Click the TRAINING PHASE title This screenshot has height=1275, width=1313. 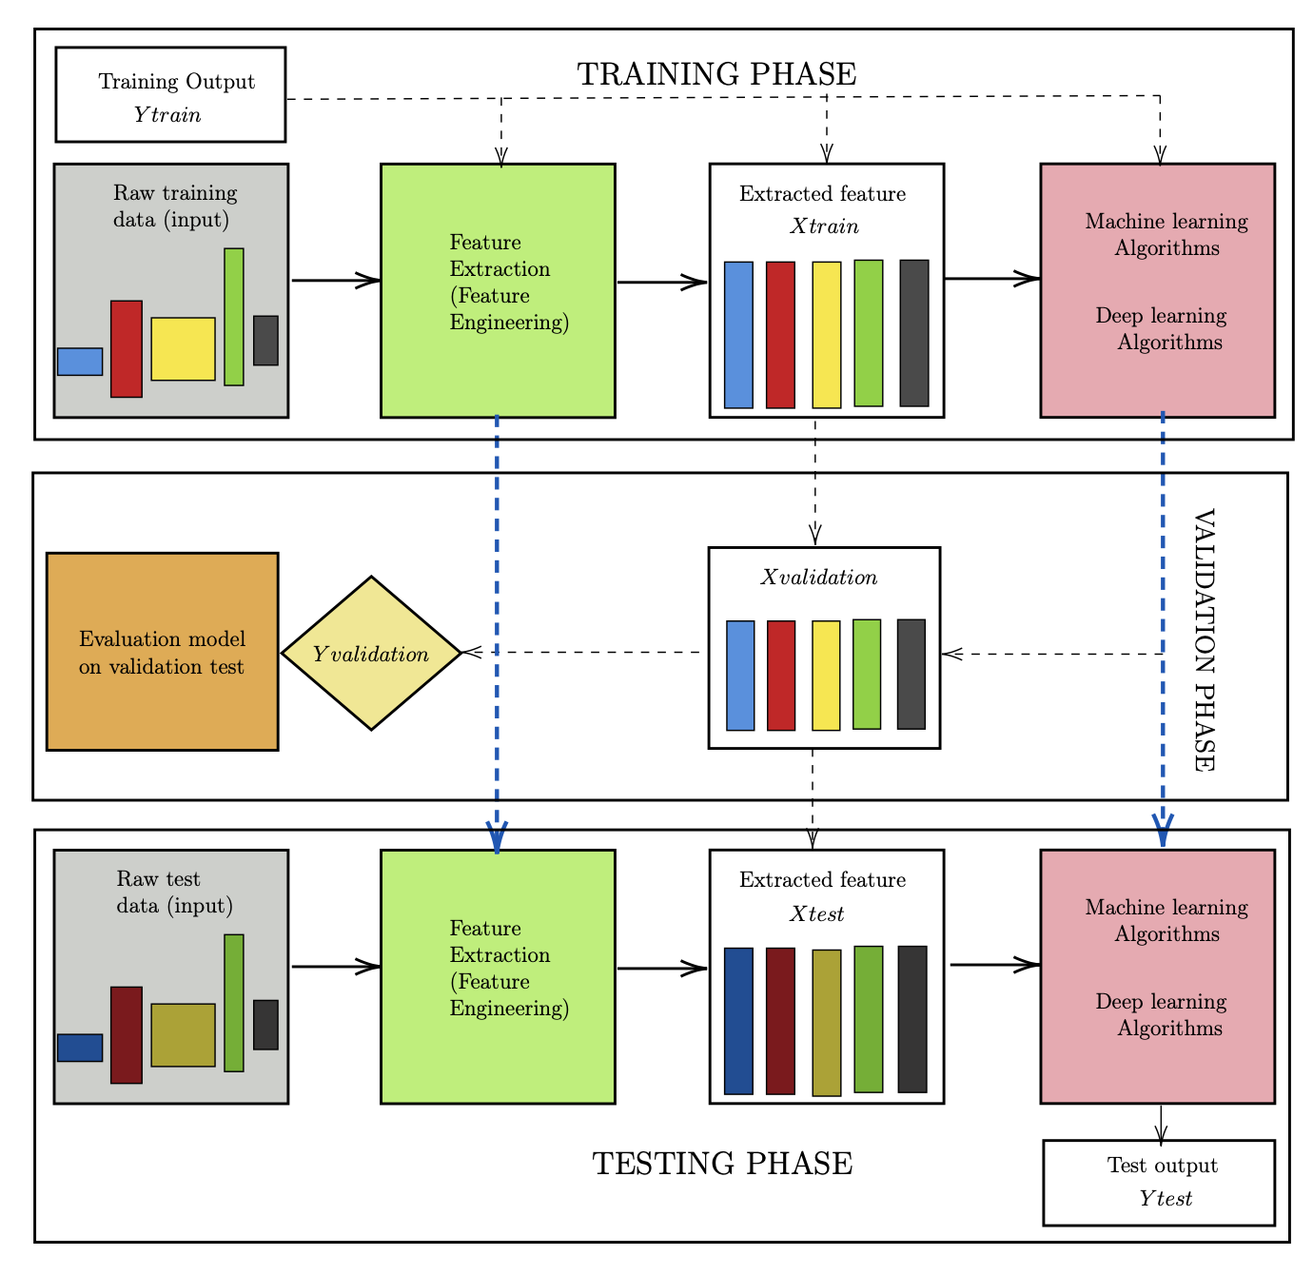click(x=716, y=74)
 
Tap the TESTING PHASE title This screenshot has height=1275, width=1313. click(x=722, y=1164)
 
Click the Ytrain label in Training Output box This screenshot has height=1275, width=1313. click(x=167, y=115)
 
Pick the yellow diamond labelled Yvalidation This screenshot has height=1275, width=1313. click(x=371, y=654)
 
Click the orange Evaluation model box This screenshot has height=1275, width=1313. click(x=162, y=652)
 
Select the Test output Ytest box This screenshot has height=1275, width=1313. click(x=1159, y=1183)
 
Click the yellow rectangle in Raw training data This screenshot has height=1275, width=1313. click(x=183, y=349)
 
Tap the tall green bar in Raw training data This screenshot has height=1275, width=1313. click(x=234, y=317)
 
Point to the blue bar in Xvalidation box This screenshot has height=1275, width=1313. click(x=740, y=676)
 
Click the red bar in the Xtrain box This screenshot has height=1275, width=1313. click(x=780, y=335)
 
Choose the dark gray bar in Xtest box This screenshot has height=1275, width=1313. click(x=912, y=1019)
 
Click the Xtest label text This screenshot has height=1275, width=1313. click(x=816, y=914)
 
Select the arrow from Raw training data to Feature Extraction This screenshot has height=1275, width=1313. click(x=335, y=280)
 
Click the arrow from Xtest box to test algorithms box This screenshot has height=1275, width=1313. click(x=994, y=965)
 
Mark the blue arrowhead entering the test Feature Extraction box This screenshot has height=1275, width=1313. click(x=497, y=835)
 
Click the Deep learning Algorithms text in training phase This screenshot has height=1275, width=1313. click(x=1161, y=328)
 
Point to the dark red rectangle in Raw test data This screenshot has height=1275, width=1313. click(x=127, y=1035)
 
